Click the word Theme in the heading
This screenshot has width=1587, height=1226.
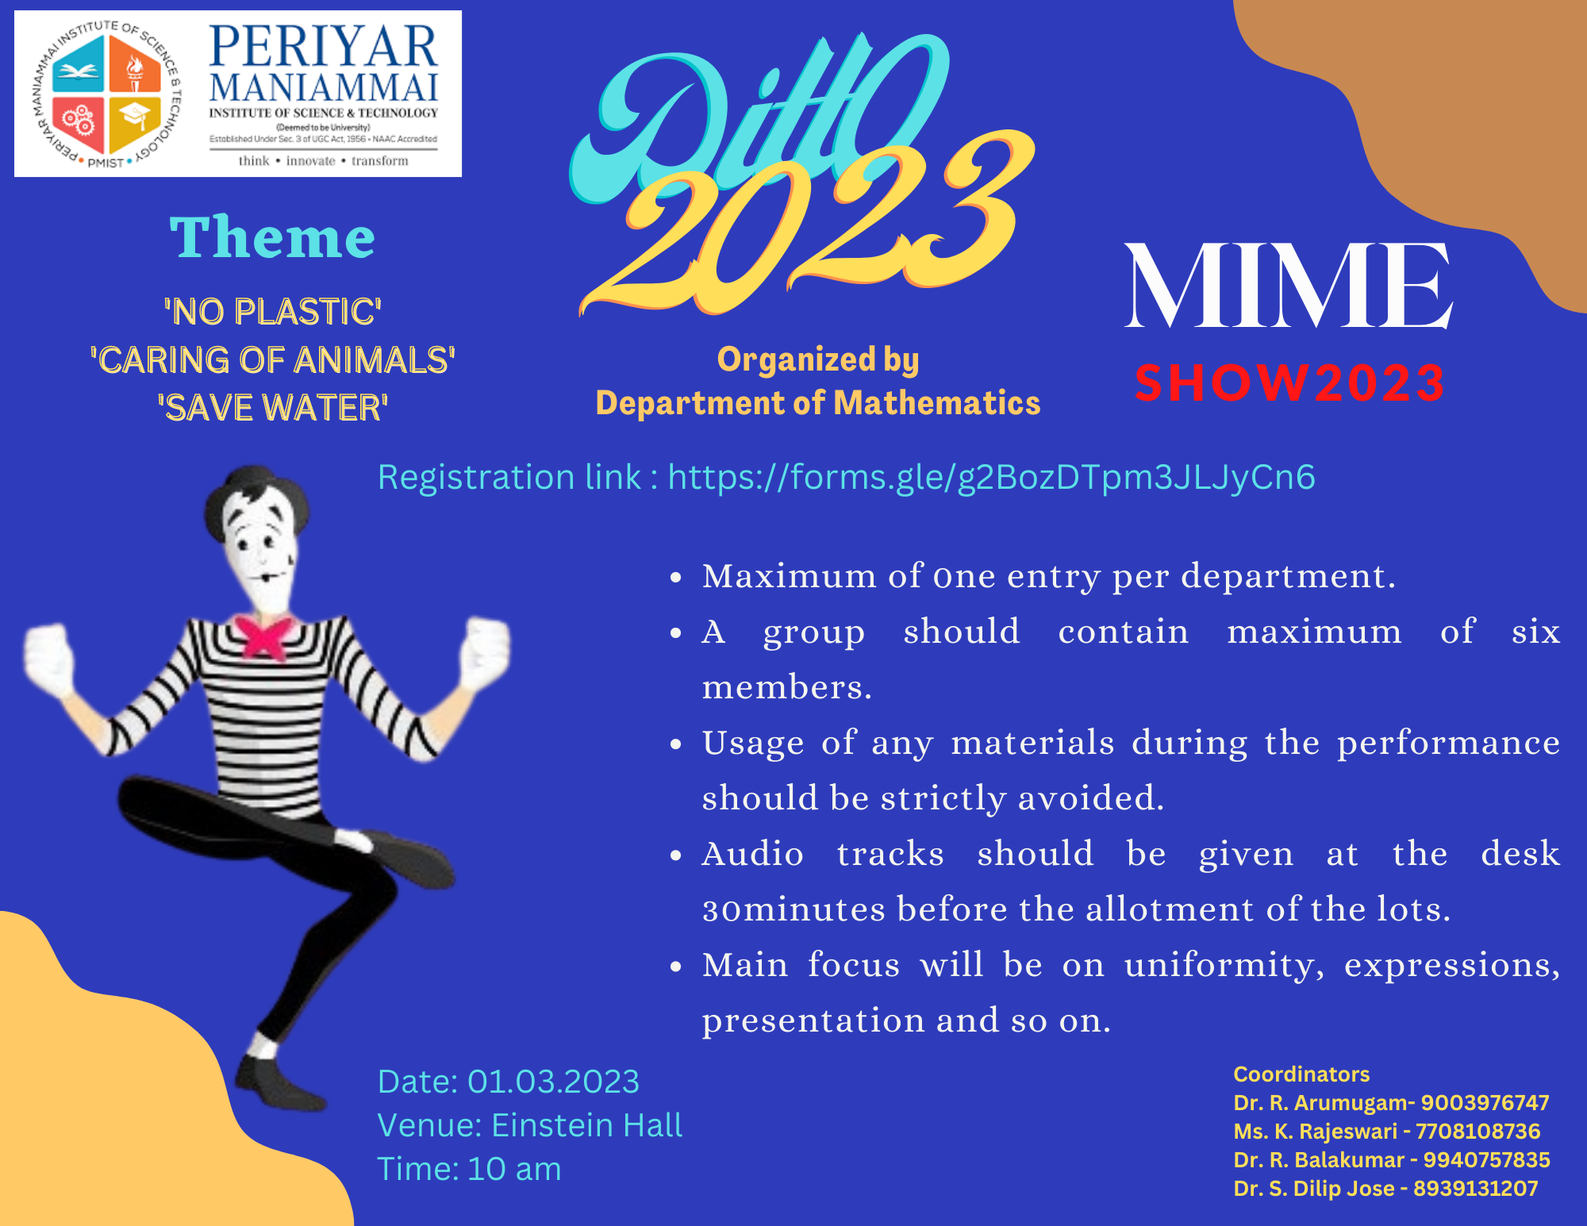[x=272, y=237]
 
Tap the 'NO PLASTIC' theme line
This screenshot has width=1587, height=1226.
[x=272, y=312]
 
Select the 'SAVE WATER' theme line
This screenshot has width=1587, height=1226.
[x=272, y=408]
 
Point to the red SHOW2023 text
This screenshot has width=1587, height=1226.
[x=1289, y=383]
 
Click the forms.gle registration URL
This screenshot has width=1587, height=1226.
[x=992, y=478]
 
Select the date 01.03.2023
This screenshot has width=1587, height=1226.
[x=553, y=1082]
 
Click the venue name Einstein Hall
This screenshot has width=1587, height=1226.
[x=586, y=1125]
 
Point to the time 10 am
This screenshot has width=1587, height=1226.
[x=514, y=1169]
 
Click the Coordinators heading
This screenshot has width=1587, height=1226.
[x=1301, y=1074]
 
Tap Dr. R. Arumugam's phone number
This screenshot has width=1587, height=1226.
[x=1485, y=1103]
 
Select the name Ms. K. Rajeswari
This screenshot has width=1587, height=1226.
[x=1315, y=1132]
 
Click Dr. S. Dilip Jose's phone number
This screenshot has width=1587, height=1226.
[x=1475, y=1189]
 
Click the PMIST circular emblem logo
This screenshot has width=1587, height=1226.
[x=109, y=94]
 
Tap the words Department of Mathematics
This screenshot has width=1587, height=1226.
[x=818, y=403]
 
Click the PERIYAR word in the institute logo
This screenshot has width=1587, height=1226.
[x=323, y=47]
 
